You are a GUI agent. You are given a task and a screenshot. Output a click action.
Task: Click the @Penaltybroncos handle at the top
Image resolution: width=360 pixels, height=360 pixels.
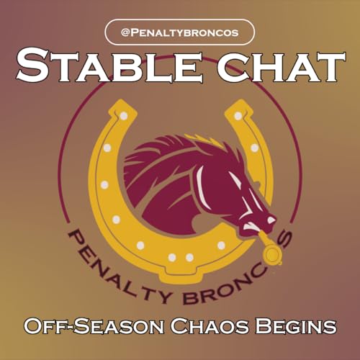coord(180,32)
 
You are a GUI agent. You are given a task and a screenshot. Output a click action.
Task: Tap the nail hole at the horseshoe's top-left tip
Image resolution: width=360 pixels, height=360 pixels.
coord(123,115)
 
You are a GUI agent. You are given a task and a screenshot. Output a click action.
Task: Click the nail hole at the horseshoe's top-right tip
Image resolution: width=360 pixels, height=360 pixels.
coord(238,115)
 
